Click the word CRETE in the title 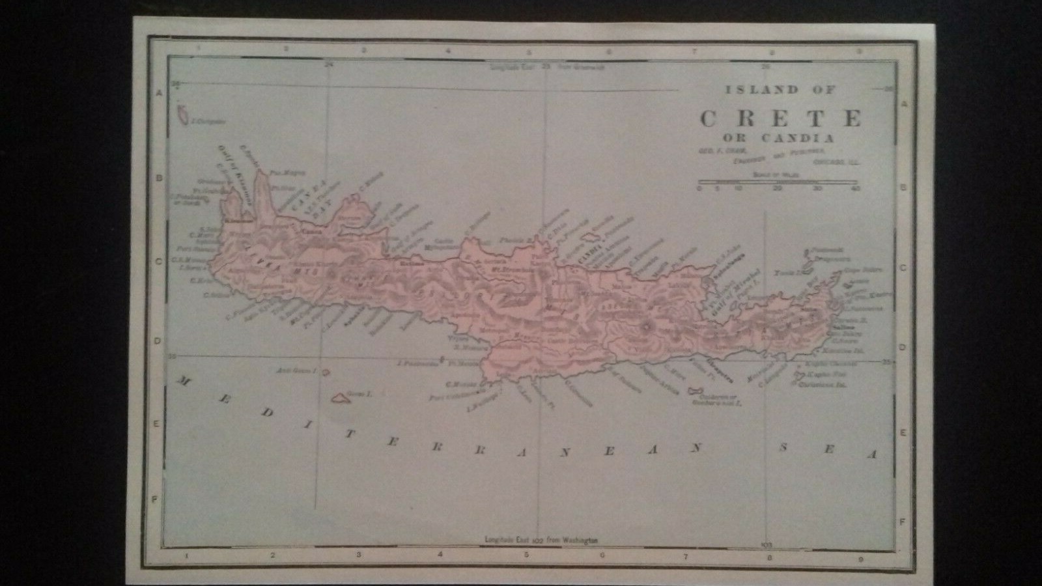pyautogui.click(x=781, y=119)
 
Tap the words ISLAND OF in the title pyautogui.click(x=780, y=90)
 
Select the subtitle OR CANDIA pyautogui.click(x=778, y=138)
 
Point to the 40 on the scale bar pyautogui.click(x=856, y=189)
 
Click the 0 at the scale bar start pyautogui.click(x=699, y=189)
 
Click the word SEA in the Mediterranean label pyautogui.click(x=828, y=450)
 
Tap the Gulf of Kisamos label pyautogui.click(x=229, y=171)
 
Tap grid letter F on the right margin pyautogui.click(x=902, y=522)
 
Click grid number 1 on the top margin pyautogui.click(x=200, y=48)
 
